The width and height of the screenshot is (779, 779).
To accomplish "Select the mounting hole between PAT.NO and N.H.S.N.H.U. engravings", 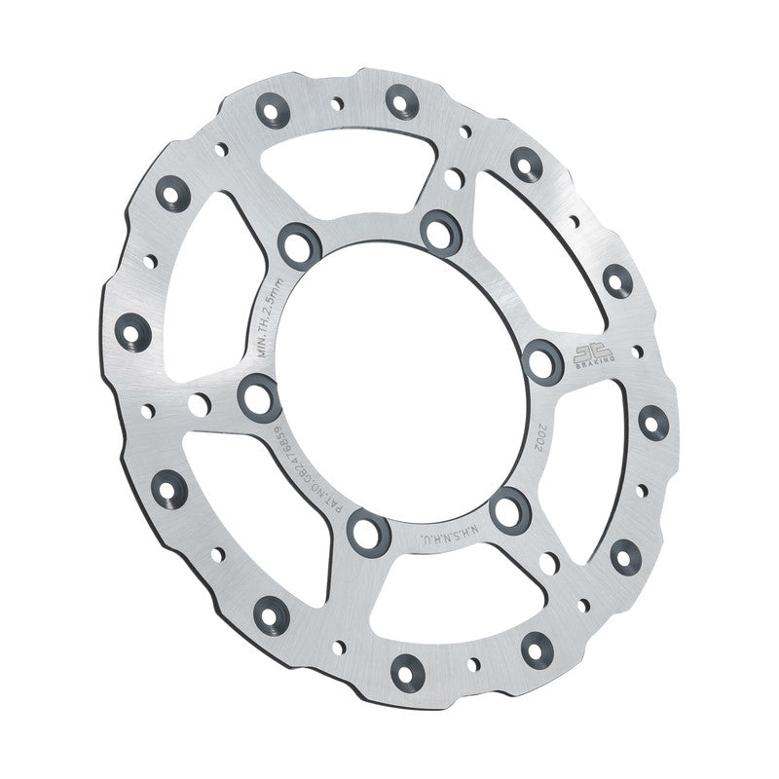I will point(369,531).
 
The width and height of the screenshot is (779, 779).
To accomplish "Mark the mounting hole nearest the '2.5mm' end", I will point(300,243).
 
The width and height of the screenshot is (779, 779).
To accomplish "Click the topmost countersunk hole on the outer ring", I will point(400,101).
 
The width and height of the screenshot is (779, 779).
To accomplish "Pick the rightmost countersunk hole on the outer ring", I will point(652,422).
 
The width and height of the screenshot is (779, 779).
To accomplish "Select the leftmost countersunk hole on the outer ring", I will point(131,331).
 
